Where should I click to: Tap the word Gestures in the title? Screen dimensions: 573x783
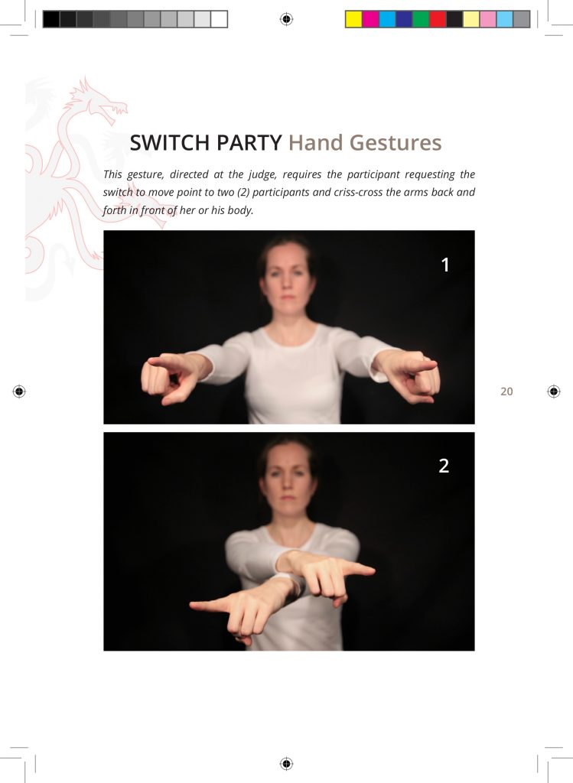coord(396,143)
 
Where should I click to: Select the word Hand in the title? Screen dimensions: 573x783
coord(316,143)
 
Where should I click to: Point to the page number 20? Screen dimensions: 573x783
coord(506,391)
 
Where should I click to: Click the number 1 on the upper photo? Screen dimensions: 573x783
coord(445,265)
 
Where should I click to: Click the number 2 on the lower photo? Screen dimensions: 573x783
coord(444,466)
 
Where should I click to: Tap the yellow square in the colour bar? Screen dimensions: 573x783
coord(353,19)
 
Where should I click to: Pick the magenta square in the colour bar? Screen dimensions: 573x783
coord(370,19)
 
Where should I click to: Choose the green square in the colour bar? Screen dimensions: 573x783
coord(421,19)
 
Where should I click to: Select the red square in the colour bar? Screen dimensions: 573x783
coord(438,19)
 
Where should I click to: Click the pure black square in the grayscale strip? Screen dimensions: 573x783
coord(51,19)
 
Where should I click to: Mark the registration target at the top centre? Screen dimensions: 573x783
coord(286,19)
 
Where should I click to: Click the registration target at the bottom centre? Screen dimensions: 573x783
coord(286,764)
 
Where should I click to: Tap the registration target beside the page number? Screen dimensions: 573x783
coord(554,391)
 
